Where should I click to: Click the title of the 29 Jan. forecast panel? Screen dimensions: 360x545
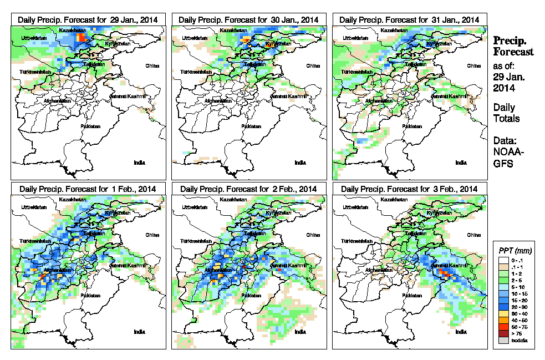[x=88, y=19]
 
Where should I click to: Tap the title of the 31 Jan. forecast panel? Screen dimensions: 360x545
[x=410, y=19]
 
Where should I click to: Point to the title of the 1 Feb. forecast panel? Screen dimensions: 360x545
[x=88, y=189]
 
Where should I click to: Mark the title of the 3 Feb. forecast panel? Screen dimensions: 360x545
[x=410, y=189]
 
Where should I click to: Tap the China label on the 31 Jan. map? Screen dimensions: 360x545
[x=473, y=65]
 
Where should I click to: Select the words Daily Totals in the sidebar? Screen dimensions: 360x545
[x=506, y=113]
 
